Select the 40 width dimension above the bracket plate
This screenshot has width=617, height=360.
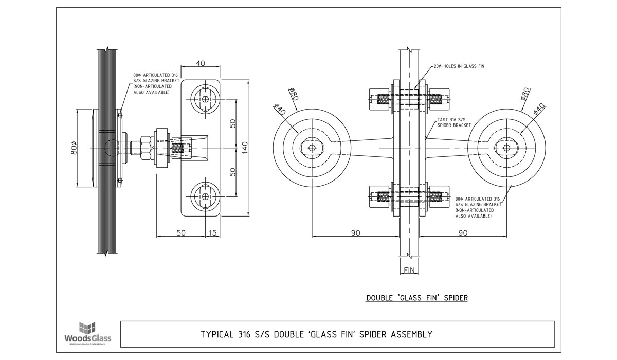coord(200,63)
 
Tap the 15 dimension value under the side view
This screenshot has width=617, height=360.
coord(213,232)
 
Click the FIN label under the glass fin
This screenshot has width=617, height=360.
coord(409,270)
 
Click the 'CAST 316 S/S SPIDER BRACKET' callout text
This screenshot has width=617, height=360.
coord(453,122)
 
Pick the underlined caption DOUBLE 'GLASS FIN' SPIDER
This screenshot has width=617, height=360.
coord(416,298)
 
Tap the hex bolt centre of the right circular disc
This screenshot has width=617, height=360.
coord(506,148)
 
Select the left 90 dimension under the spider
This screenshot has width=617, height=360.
coord(355,232)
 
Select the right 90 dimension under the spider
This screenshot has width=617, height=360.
coord(463,232)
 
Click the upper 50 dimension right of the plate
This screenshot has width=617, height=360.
coord(233,124)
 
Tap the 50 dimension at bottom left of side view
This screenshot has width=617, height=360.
coord(181,232)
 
